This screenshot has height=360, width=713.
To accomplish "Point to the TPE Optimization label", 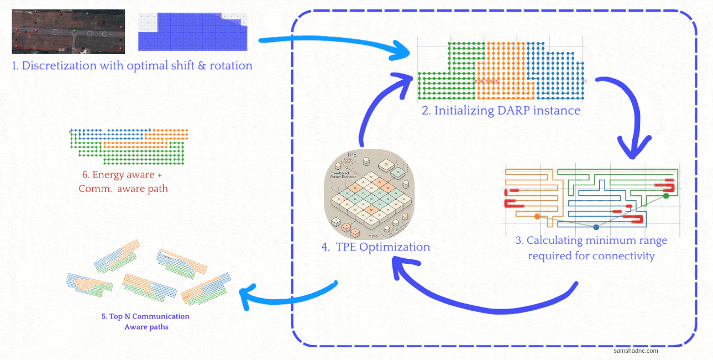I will pos(376,247).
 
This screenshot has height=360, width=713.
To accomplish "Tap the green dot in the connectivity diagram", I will pos(665,195).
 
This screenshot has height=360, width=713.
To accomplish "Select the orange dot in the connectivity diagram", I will pos(537,217).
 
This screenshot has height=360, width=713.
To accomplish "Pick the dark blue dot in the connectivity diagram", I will pos(596,227).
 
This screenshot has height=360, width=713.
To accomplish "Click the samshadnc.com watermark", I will pos(636,351).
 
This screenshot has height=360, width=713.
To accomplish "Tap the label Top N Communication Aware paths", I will pos(145,321).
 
